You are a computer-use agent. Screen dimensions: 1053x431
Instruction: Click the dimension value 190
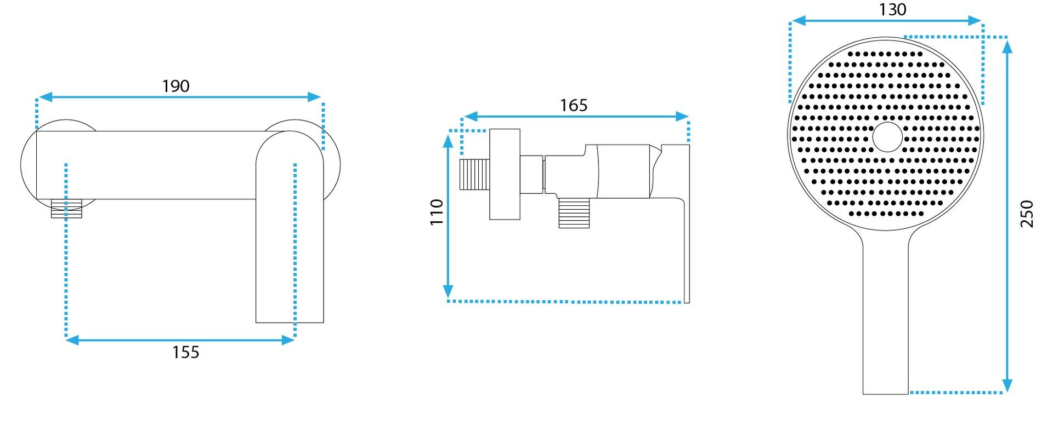pos(175,86)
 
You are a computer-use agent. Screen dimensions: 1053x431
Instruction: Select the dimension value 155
pos(186,352)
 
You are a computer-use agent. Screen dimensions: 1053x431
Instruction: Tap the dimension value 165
pos(574,105)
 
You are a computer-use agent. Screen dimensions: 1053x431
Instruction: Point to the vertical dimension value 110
pos(437,212)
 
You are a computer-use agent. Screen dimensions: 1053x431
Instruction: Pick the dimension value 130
pos(892,9)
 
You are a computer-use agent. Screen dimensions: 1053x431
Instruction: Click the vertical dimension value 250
pos(1027,214)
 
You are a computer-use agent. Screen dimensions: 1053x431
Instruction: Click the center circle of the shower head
pos(887,137)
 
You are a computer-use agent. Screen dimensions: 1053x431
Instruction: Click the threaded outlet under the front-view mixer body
pos(66,209)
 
